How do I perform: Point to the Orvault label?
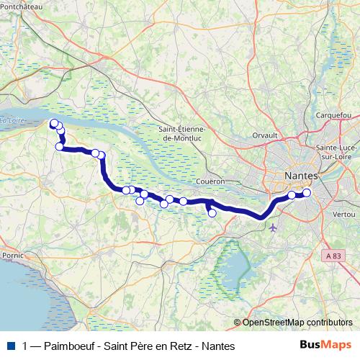[x=265, y=134]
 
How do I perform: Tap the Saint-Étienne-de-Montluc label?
[x=181, y=133]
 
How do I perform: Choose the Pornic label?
[x=13, y=255]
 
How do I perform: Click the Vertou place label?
[x=343, y=215]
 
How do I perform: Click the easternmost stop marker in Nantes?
[x=307, y=192]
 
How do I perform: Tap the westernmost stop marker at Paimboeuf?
[x=53, y=123]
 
